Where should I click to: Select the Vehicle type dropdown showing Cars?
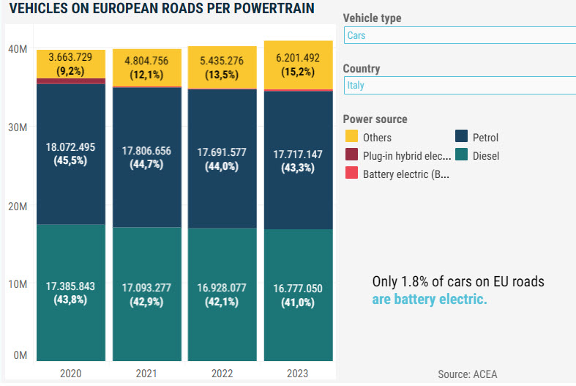coord(460,35)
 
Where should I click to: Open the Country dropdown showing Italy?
coord(460,85)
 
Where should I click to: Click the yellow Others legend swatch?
coord(352,137)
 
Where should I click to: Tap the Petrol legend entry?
coord(485,137)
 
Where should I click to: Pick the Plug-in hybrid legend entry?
coord(405,155)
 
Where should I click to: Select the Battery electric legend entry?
coord(405,174)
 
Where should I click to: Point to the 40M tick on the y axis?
coord(18,49)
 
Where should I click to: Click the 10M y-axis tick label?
coord(18,284)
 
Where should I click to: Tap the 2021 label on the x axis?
coord(146,374)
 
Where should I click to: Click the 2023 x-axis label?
coord(298,374)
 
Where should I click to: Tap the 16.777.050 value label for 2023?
coord(297,289)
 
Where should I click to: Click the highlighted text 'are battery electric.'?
coord(430,300)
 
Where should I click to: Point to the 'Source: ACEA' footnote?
coord(467,374)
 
